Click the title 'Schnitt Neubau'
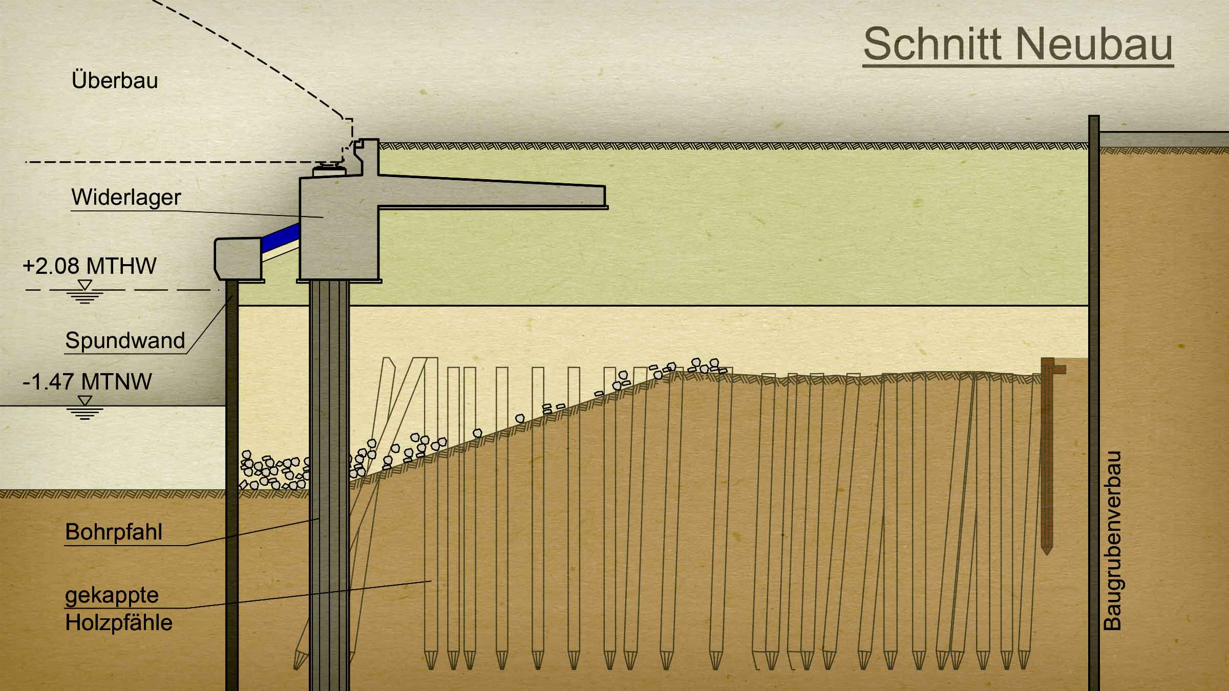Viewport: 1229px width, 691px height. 1018,44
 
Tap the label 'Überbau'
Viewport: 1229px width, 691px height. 115,80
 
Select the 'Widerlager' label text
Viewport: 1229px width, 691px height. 126,197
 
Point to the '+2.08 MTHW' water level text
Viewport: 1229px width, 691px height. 90,266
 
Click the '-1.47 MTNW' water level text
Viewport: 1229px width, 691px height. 88,382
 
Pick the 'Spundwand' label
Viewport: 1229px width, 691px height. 125,341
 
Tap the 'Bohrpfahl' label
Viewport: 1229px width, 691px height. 114,532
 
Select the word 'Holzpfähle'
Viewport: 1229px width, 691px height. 119,623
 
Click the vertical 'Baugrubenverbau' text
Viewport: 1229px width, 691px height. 1112,541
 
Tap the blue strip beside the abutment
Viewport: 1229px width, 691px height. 280,236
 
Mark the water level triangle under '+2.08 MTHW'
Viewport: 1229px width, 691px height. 85,285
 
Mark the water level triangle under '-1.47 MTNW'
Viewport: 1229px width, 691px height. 85,401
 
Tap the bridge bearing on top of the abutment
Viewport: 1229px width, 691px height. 329,168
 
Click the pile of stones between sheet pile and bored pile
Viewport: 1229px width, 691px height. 274,471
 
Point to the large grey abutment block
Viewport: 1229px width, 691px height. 339,228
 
